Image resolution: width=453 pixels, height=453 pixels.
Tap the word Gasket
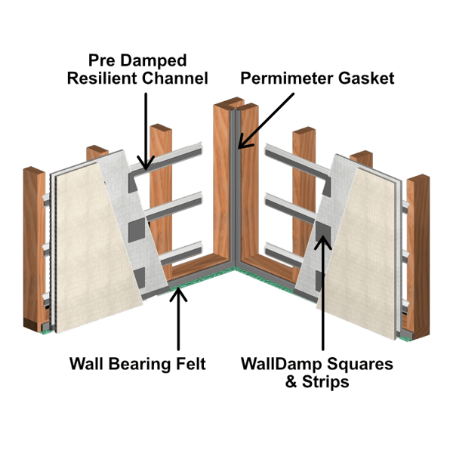(365, 78)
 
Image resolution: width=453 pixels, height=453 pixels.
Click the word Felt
(189, 364)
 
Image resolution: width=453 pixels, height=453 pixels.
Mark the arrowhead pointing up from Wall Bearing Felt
(178, 292)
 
